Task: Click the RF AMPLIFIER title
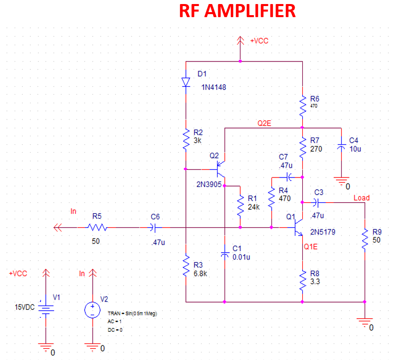click(x=237, y=11)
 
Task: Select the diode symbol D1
click(x=186, y=82)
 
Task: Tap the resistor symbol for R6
click(x=302, y=106)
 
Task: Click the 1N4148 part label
click(x=214, y=87)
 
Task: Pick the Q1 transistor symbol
click(x=298, y=227)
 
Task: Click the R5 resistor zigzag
click(x=97, y=227)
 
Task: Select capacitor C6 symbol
click(x=153, y=227)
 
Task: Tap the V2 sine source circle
click(x=92, y=310)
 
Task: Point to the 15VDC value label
click(x=25, y=308)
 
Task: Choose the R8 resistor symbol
click(x=302, y=281)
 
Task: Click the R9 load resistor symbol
click(x=365, y=239)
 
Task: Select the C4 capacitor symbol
click(x=342, y=147)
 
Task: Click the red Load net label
click(x=362, y=198)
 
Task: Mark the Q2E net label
click(x=264, y=124)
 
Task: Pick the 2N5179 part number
click(x=323, y=232)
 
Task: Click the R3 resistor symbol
click(x=186, y=265)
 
